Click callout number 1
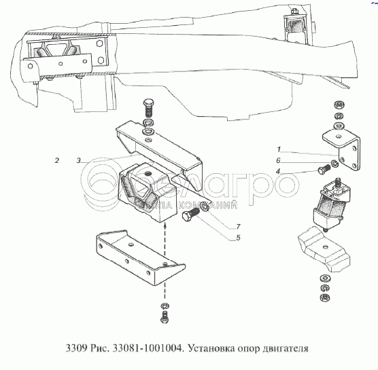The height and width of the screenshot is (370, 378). (279, 149)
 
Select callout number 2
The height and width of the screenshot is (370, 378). (57, 160)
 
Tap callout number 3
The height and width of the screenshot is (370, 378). (79, 160)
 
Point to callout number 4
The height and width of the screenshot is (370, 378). (278, 171)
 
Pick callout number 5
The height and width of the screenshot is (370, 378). (238, 238)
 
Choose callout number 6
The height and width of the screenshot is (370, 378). (279, 160)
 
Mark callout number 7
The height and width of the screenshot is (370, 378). (238, 227)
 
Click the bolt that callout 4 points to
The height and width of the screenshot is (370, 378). (324, 169)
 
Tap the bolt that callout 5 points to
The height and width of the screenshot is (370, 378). (191, 215)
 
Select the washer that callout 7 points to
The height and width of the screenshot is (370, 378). (205, 206)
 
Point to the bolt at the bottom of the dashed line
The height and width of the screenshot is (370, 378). (165, 317)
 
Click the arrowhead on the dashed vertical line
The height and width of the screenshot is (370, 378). (165, 226)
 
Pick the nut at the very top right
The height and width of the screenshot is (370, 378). (339, 105)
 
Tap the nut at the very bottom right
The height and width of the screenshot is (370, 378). (325, 297)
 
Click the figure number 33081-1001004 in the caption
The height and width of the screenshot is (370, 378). (148, 348)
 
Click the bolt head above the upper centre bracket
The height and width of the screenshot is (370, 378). (148, 103)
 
